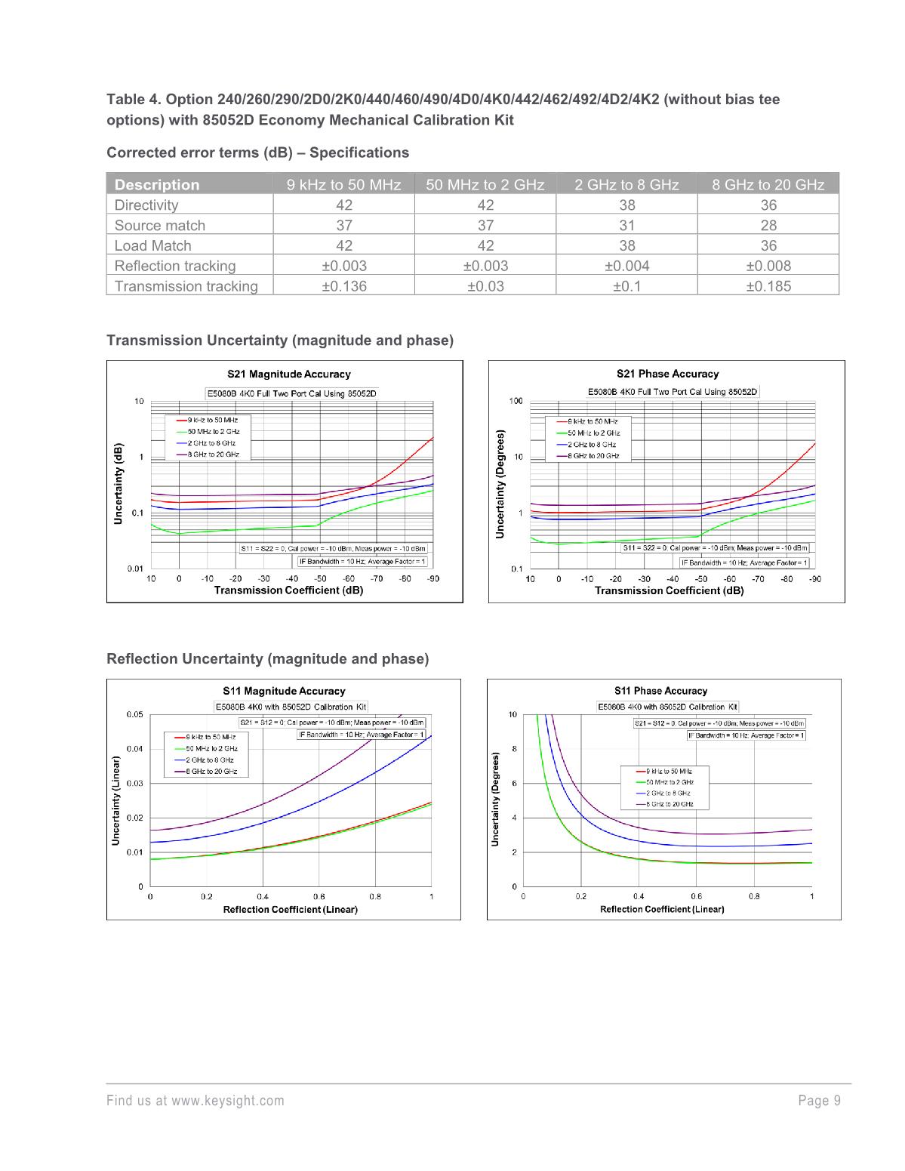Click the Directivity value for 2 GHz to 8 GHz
pyautogui.click(x=626, y=205)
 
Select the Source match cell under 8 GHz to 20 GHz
pyautogui.click(x=768, y=225)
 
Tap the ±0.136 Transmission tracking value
pyautogui.click(x=344, y=286)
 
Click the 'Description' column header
pyautogui.click(x=157, y=184)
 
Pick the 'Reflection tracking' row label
pyautogui.click(x=175, y=266)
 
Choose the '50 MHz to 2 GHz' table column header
pyautogui.click(x=485, y=184)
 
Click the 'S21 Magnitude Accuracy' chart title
pyautogui.click(x=289, y=374)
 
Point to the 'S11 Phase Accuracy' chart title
pyautogui.click(x=660, y=691)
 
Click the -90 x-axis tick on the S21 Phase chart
pyautogui.click(x=815, y=579)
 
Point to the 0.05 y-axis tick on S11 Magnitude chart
pyautogui.click(x=134, y=714)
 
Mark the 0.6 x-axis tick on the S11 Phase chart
pyautogui.click(x=696, y=896)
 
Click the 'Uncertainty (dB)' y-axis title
pyautogui.click(x=119, y=484)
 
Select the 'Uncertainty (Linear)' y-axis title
pyautogui.click(x=116, y=800)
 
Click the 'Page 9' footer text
pyautogui.click(x=820, y=1101)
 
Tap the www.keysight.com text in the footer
pyautogui.click(x=228, y=1101)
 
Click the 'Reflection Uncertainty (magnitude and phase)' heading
pyautogui.click(x=268, y=659)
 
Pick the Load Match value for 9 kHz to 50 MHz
pyautogui.click(x=344, y=245)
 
